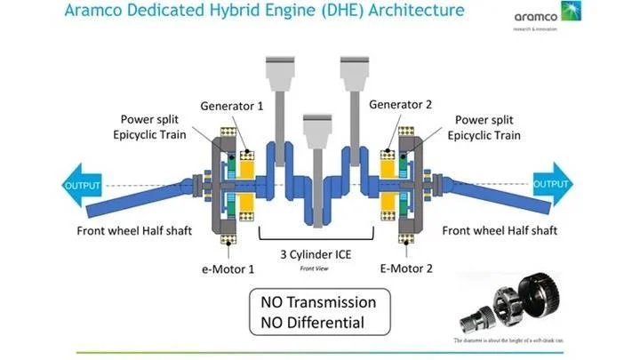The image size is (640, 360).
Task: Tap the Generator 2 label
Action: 400,105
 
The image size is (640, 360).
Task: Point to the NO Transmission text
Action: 317,302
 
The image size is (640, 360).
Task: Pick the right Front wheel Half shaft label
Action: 500,231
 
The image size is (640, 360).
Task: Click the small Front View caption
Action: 315,268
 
